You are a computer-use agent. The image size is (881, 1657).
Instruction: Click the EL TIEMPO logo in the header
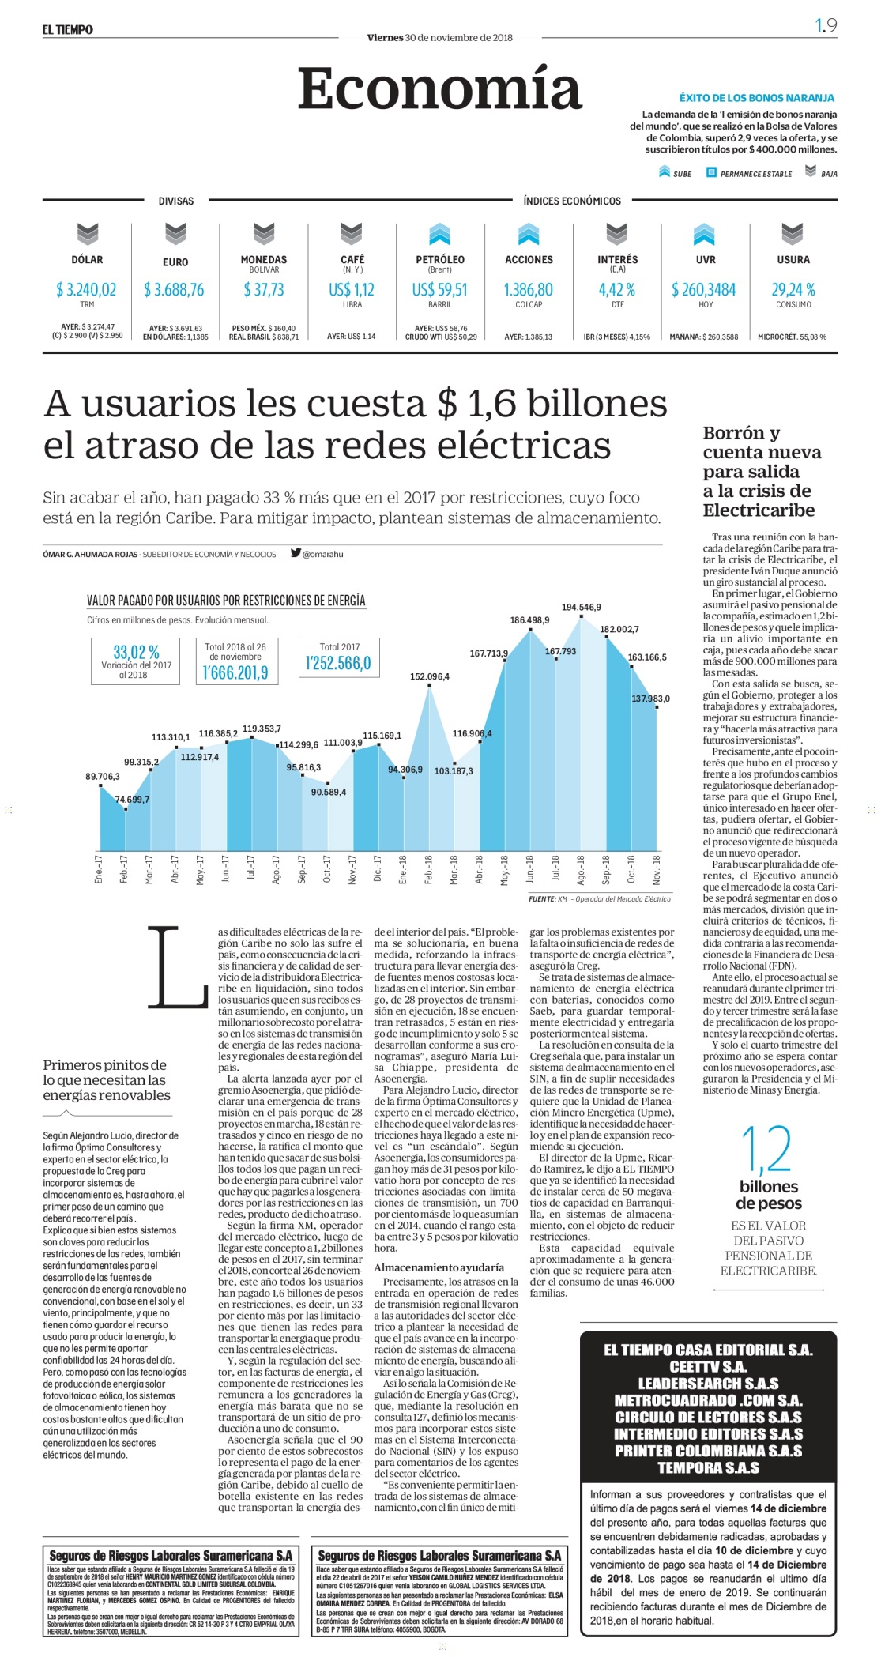pyautogui.click(x=68, y=30)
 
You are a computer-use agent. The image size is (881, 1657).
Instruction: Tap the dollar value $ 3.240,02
pyautogui.click(x=86, y=290)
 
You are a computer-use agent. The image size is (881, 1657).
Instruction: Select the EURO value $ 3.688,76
pyautogui.click(x=174, y=290)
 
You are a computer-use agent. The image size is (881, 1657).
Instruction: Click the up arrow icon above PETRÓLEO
pyautogui.click(x=440, y=234)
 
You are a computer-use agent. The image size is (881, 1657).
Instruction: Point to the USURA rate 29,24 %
pyautogui.click(x=793, y=290)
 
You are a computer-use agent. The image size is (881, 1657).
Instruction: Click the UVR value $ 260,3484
pyautogui.click(x=704, y=290)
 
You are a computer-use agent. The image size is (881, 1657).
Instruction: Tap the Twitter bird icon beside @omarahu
pyautogui.click(x=296, y=553)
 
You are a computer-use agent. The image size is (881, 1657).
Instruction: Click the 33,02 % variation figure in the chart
pyautogui.click(x=136, y=652)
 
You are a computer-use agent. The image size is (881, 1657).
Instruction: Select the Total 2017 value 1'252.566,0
pyautogui.click(x=338, y=663)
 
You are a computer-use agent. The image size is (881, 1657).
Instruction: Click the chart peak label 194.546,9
pyautogui.click(x=582, y=607)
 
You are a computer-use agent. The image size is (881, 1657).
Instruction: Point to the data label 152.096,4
pyautogui.click(x=430, y=676)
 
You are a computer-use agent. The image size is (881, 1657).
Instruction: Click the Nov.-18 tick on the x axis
pyautogui.click(x=657, y=869)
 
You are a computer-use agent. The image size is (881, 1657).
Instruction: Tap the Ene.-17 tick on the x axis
pyautogui.click(x=99, y=869)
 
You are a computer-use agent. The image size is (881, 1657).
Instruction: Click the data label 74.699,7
pyautogui.click(x=132, y=800)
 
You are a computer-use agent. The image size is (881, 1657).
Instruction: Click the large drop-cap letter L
pyautogui.click(x=178, y=968)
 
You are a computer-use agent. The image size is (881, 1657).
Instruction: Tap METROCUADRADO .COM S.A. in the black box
pyautogui.click(x=708, y=1400)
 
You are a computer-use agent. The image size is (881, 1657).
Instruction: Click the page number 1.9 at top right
pyautogui.click(x=826, y=26)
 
